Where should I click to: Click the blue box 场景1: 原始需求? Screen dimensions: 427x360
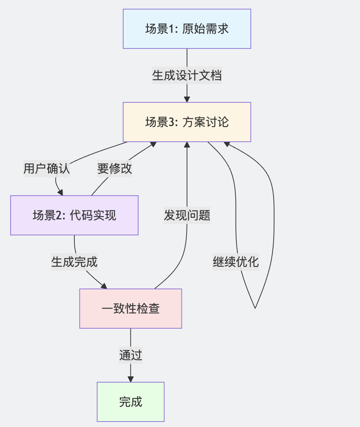[x=187, y=29]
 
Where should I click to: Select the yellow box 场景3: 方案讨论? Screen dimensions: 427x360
[x=187, y=122]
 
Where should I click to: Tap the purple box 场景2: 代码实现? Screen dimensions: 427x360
[x=74, y=215]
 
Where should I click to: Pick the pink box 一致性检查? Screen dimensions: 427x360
[x=130, y=309]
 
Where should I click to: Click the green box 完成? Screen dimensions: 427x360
[x=130, y=401]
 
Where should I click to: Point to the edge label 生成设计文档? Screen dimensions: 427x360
[x=187, y=76]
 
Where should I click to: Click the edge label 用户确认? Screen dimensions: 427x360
[x=46, y=169]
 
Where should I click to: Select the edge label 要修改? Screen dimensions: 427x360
[x=114, y=169]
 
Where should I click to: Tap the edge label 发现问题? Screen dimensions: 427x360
[x=187, y=215]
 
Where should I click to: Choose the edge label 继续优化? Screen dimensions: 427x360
[x=236, y=262]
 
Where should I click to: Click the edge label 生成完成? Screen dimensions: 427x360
[x=74, y=262]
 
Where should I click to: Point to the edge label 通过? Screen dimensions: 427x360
[x=130, y=355]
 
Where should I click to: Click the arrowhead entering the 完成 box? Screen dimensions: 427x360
[x=130, y=379]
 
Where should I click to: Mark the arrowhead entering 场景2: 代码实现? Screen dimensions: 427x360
[x=60, y=192]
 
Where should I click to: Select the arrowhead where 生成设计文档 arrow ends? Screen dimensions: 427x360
[x=187, y=99]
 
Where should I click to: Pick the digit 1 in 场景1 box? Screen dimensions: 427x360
[x=171, y=29]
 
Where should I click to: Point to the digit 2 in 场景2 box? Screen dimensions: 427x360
[x=58, y=216]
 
